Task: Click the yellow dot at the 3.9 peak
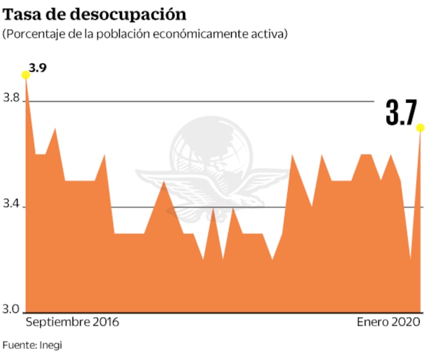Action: (26, 74)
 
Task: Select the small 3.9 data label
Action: (39, 67)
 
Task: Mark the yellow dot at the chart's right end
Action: (420, 128)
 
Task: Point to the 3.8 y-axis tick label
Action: (12, 100)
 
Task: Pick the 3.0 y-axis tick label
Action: (12, 309)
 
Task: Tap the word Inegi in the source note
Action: (50, 345)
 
